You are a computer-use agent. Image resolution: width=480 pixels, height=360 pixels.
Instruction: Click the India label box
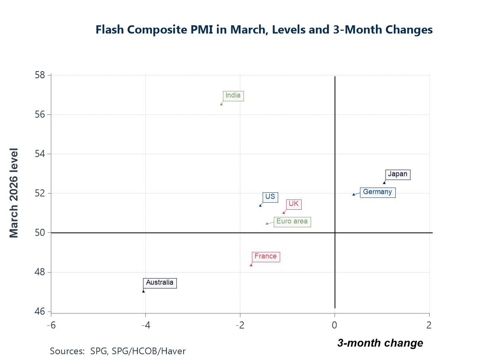(233, 96)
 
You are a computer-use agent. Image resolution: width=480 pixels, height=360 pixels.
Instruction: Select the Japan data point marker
(384, 182)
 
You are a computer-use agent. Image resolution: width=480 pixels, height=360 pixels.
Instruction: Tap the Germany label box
(377, 192)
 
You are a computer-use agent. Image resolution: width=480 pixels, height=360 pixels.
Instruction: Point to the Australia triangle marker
(143, 291)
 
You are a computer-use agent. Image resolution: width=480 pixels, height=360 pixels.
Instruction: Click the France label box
(265, 257)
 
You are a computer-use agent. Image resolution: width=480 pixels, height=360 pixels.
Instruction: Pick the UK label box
(294, 204)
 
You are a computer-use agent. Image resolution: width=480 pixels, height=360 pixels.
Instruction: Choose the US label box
(270, 197)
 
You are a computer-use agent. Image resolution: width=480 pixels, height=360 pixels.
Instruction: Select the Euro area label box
(292, 222)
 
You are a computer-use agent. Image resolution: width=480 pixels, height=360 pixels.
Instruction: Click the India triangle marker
(221, 104)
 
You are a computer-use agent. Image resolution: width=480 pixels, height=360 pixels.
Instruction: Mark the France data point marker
(251, 265)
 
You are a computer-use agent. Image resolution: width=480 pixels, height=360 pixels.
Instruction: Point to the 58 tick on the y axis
(49, 75)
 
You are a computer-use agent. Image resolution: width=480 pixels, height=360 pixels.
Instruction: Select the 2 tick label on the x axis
(429, 325)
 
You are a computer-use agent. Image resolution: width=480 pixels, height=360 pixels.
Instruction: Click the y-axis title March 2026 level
(14, 193)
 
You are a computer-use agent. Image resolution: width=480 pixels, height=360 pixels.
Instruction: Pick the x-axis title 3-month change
(380, 343)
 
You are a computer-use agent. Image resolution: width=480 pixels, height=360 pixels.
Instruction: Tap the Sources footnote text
(118, 351)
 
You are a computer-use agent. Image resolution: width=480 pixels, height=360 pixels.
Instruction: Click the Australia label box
(160, 283)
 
